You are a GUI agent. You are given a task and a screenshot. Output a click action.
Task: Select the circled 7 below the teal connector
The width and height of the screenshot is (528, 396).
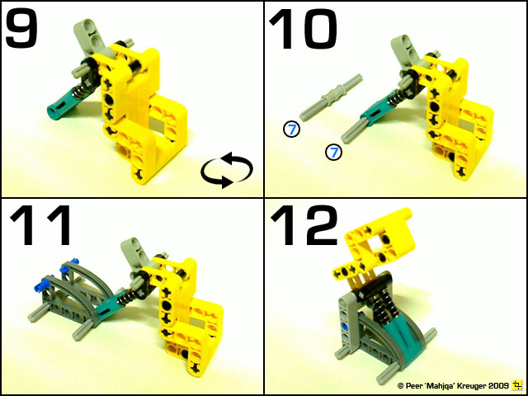[x=333, y=152]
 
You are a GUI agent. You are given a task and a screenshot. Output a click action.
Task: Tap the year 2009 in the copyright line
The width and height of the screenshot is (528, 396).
[x=498, y=385]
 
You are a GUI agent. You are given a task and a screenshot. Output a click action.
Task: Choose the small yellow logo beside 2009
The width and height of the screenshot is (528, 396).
[x=517, y=385]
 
